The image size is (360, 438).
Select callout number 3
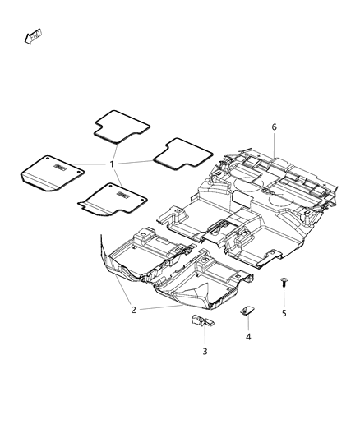[205, 351]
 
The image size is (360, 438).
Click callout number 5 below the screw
[284, 313]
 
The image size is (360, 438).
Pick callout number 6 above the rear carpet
[275, 127]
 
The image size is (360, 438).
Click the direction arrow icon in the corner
[35, 35]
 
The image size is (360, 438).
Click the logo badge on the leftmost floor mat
[62, 168]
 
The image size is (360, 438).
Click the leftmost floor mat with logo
[52, 173]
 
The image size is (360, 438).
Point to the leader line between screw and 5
[284, 297]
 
